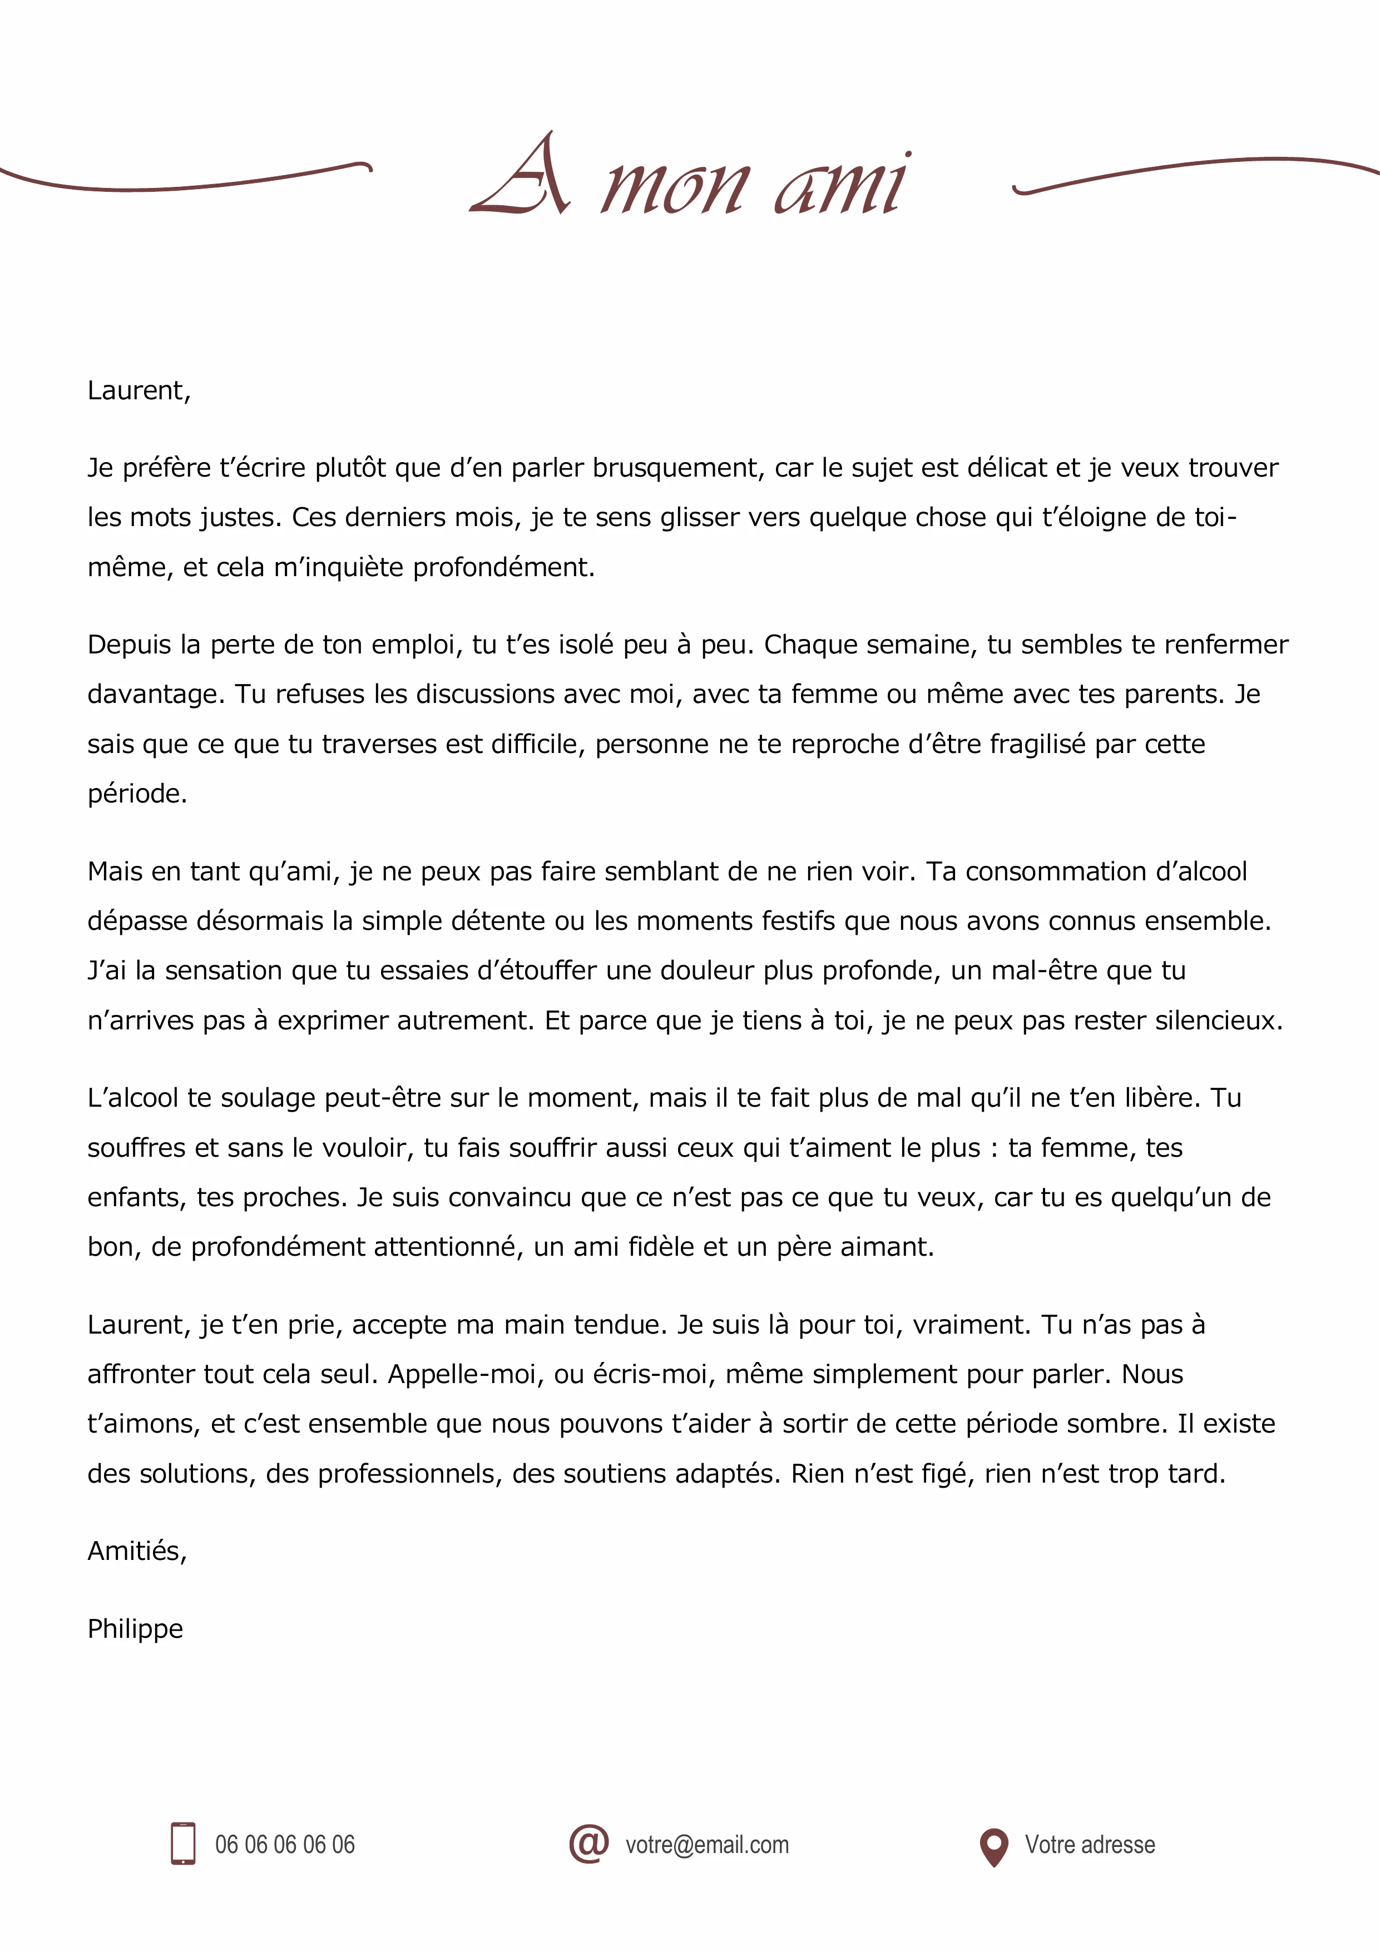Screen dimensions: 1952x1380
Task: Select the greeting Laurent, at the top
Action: tap(139, 390)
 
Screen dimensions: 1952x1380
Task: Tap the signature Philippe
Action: tap(135, 1628)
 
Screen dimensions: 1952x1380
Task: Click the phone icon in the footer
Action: tap(183, 1844)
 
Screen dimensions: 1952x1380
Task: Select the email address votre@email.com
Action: tap(706, 1845)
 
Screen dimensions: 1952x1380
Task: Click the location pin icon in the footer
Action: tap(993, 1846)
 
